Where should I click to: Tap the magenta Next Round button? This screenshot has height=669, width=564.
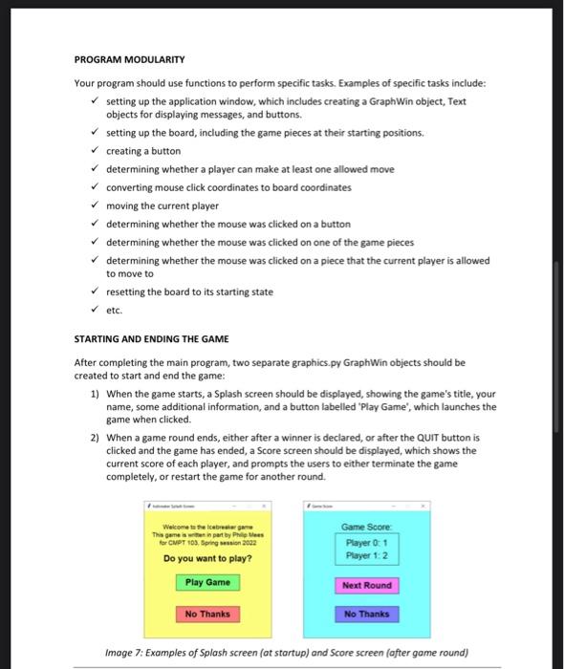[x=365, y=585]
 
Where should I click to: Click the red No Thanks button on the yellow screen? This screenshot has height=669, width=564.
[x=207, y=614]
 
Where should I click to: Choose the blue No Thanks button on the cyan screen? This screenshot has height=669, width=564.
[x=365, y=614]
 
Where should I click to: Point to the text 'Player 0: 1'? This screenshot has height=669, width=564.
[x=365, y=542]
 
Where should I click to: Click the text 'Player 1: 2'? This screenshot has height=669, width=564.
[x=365, y=555]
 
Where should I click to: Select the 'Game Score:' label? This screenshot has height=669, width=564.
[x=365, y=526]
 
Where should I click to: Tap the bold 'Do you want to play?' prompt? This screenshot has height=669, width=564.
[x=207, y=557]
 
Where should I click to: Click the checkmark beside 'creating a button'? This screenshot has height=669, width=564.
[x=94, y=151]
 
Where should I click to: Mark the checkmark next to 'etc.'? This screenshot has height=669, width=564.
[x=94, y=310]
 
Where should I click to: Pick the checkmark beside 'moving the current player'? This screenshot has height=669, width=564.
[x=94, y=205]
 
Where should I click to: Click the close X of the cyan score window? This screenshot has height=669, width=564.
[x=424, y=506]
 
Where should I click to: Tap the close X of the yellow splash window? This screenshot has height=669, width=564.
[x=267, y=506]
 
